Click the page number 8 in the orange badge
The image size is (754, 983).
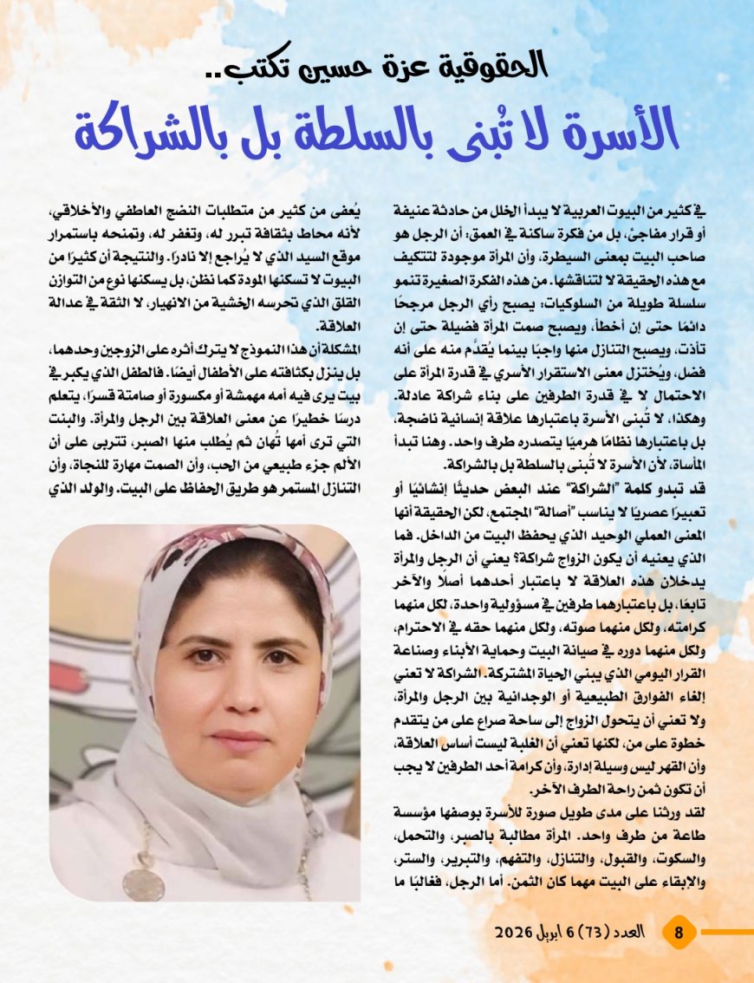(x=679, y=933)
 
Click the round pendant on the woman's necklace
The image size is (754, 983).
(x=143, y=883)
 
